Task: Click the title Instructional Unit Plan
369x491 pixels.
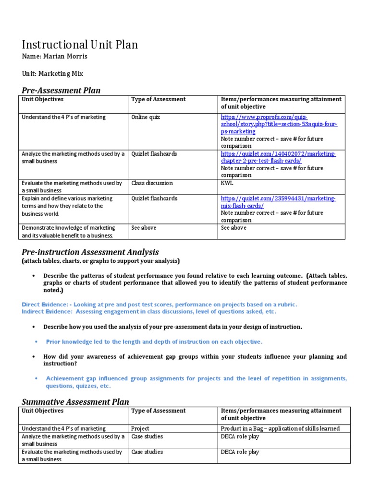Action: [80, 45]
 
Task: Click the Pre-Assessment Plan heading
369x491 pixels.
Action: [61, 90]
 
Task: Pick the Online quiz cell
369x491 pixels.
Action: [147, 117]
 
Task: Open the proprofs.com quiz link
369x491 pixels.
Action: [279, 124]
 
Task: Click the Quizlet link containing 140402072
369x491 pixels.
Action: [278, 157]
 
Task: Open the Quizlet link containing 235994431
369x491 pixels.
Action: [278, 202]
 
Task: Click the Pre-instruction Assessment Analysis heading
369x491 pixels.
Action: [90, 252]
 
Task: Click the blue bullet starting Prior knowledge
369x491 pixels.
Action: [154, 341]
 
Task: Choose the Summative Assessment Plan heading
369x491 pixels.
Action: [75, 401]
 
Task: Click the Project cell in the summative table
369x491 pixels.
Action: [140, 429]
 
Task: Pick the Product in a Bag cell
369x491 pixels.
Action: [280, 429]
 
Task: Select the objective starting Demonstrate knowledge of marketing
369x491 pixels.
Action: [68, 232]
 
